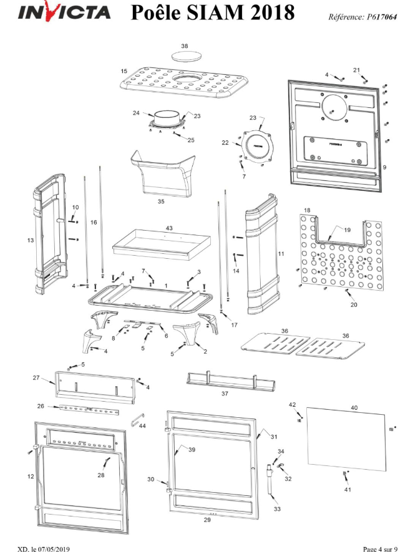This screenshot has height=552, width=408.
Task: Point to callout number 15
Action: pos(124,72)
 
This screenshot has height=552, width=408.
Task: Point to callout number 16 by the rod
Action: pos(94,223)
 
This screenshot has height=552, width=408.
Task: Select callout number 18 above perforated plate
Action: pos(307,210)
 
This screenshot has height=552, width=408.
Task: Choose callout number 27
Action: pos(36,377)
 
